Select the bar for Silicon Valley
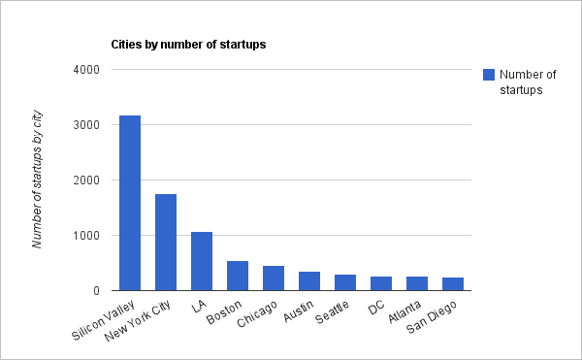[x=130, y=203]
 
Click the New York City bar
[x=166, y=243]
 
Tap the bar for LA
[x=202, y=261]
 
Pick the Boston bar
[x=238, y=276]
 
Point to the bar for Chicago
[x=274, y=278]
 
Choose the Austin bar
[x=309, y=281]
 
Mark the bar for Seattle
[x=345, y=282]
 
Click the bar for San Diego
[x=453, y=284]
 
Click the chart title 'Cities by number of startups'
[x=188, y=45]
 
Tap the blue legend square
[x=489, y=75]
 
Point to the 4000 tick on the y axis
[x=86, y=70]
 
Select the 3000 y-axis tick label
[x=86, y=125]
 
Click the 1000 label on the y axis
[x=86, y=235]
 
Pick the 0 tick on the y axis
[x=96, y=290]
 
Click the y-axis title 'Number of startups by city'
[x=37, y=180]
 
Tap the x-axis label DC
[x=376, y=308]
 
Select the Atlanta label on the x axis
[x=404, y=311]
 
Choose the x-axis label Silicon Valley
[x=103, y=320]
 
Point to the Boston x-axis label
[x=224, y=312]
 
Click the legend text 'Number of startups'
[x=528, y=82]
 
